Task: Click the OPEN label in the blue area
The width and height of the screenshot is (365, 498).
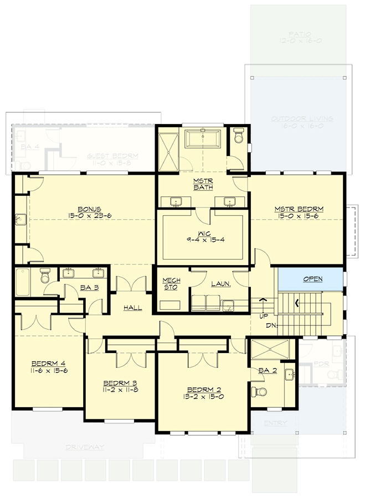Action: coord(312,279)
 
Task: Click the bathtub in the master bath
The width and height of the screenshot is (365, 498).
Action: coord(203,138)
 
